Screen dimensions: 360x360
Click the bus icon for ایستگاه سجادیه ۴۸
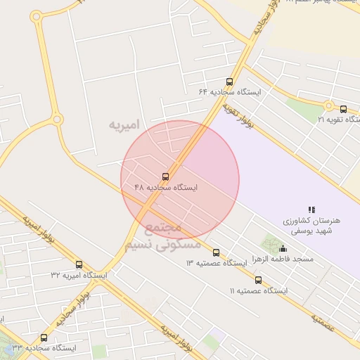[x=166, y=177]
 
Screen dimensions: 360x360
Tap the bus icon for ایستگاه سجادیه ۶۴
[x=229, y=82]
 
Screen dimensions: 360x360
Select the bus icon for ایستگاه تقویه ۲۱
[x=343, y=109]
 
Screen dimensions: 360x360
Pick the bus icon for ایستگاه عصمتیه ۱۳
[x=216, y=252]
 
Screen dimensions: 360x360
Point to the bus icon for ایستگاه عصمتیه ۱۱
[x=258, y=280]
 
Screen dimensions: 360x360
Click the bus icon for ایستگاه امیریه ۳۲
[x=79, y=265]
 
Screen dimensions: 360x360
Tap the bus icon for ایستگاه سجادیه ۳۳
[x=44, y=337]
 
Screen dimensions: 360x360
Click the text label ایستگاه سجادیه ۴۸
[x=166, y=188]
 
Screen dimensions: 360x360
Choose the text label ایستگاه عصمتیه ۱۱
[x=258, y=290]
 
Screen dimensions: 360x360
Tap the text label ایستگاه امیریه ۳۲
[x=79, y=276]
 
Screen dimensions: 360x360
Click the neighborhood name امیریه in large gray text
[x=124, y=124]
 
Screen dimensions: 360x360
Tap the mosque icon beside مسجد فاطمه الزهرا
[x=283, y=248]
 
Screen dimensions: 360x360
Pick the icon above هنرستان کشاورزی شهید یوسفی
[x=311, y=210]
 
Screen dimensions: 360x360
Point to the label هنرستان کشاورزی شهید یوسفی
[x=311, y=226]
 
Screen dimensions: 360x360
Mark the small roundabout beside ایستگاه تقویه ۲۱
[x=328, y=105]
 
